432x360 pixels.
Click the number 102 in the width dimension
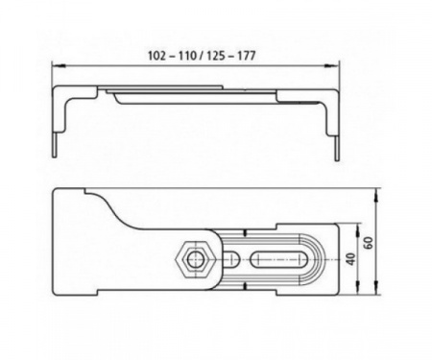[x=156, y=56]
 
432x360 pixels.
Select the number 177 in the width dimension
[x=247, y=56]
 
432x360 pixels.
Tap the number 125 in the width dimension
[x=216, y=56]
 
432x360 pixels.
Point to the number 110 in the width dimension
[x=187, y=56]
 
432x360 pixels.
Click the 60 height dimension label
[x=369, y=243]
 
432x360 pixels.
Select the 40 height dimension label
[x=351, y=259]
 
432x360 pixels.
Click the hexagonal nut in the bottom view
[x=193, y=260]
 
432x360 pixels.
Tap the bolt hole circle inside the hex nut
[x=193, y=260]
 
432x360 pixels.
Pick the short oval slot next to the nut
[x=229, y=259]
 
